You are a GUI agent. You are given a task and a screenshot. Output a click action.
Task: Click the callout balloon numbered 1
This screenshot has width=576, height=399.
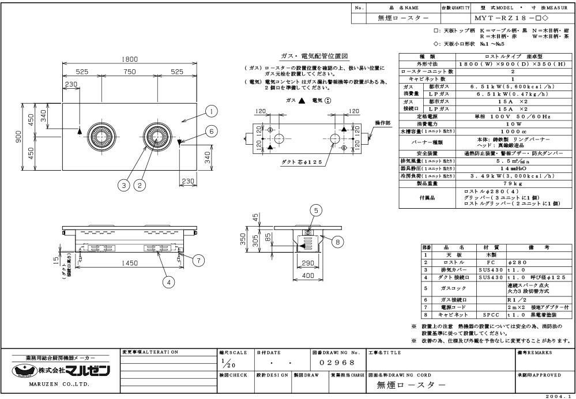coord(212,111)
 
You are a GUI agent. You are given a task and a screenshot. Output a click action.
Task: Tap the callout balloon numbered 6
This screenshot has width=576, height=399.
coord(212,131)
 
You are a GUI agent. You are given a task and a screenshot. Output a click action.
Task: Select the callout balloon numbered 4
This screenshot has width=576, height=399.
coord(168,283)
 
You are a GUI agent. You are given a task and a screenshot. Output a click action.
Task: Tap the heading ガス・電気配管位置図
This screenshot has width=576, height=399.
coord(314,56)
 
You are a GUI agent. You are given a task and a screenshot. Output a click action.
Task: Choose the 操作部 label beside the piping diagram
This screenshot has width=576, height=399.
coord(382,123)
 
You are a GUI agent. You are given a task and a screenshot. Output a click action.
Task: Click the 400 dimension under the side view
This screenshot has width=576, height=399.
coord(309,276)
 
